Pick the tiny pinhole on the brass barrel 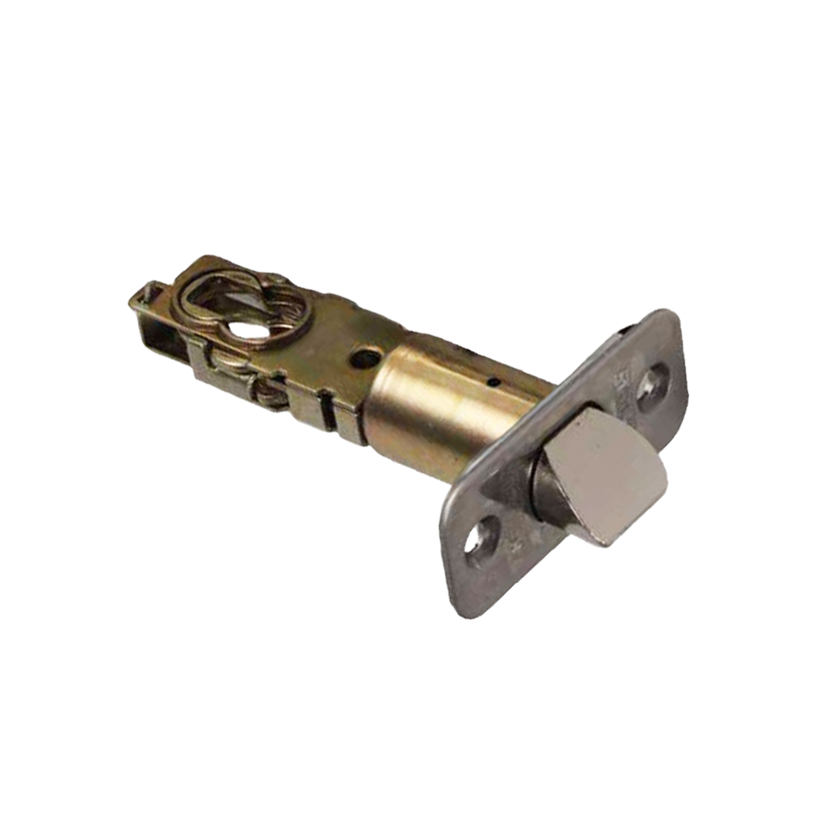coord(492,380)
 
